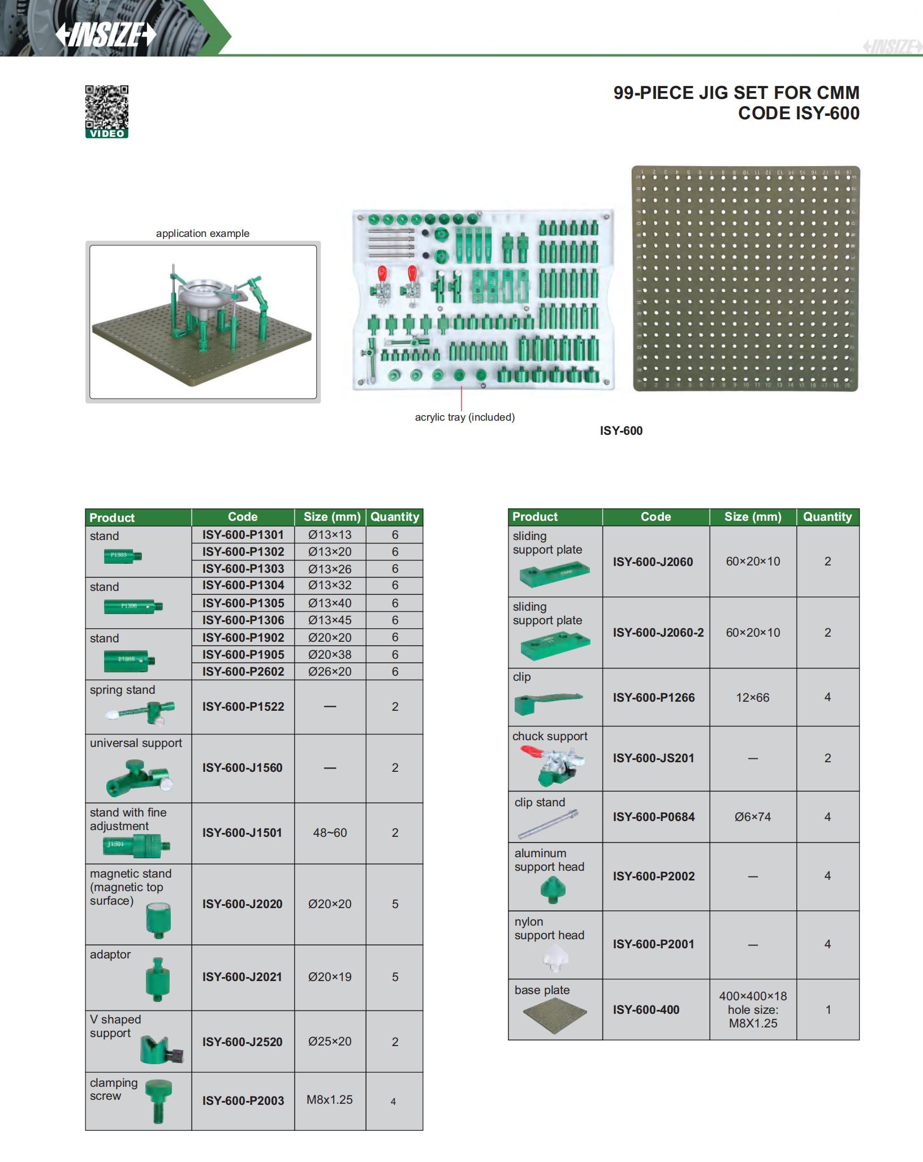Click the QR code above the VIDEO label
click(x=107, y=107)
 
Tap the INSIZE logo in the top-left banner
click(x=106, y=35)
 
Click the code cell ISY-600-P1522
click(x=243, y=706)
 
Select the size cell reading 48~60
click(x=330, y=832)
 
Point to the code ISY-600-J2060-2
click(x=658, y=632)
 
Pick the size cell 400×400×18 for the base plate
click(x=753, y=996)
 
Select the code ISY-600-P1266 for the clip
click(x=653, y=697)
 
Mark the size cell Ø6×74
click(x=753, y=817)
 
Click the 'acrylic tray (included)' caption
click(x=465, y=417)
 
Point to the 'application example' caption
click(x=202, y=234)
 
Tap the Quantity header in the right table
click(x=827, y=516)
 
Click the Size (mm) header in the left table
click(x=332, y=516)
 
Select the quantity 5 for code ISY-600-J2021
click(x=395, y=977)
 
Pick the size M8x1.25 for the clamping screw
click(x=329, y=1100)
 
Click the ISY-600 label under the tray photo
click(x=621, y=431)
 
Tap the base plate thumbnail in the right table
click(x=555, y=1016)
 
